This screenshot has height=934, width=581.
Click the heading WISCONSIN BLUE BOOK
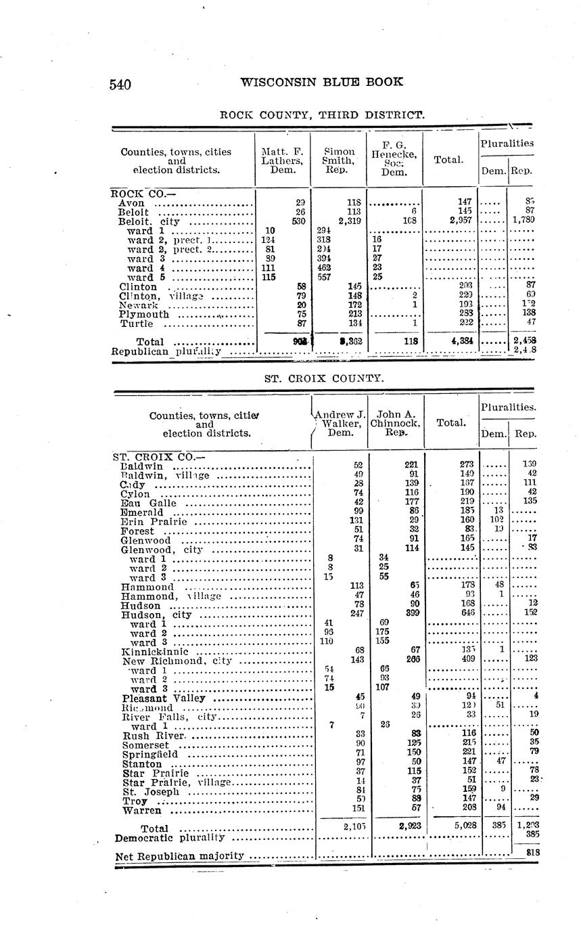pyautogui.click(x=322, y=83)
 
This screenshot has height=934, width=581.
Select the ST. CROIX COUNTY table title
pyautogui.click(x=323, y=378)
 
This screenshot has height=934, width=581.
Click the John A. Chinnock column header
pyautogui.click(x=396, y=423)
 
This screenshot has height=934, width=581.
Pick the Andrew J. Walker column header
pyautogui.click(x=341, y=423)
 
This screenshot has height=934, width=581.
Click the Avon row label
pyautogui.click(x=131, y=202)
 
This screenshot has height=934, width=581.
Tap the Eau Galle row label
pyautogui.click(x=148, y=503)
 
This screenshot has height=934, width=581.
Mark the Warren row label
pyautogui.click(x=142, y=810)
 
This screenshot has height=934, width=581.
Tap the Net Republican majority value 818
pyautogui.click(x=533, y=853)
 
